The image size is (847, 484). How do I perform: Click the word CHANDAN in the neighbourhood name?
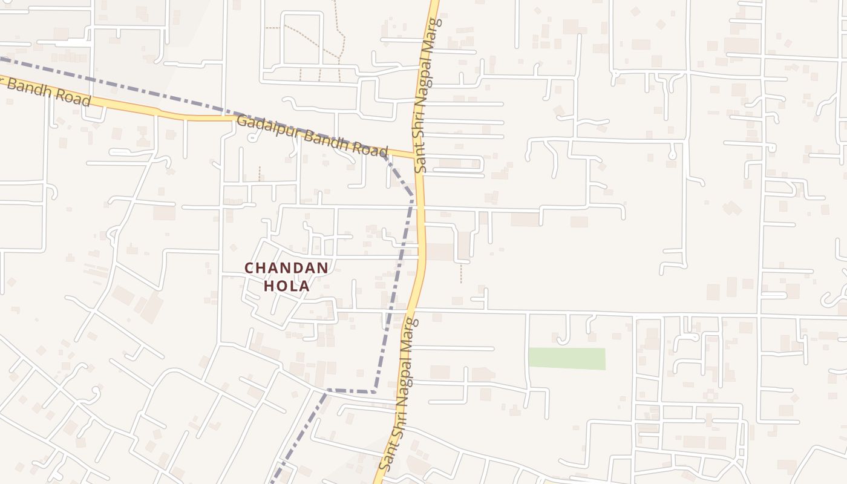(286, 267)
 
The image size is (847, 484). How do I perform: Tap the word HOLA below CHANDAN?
(287, 286)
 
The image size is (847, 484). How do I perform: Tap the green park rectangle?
(567, 358)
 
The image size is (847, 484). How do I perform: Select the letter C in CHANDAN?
(249, 267)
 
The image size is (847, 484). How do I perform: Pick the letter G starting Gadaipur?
(241, 121)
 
